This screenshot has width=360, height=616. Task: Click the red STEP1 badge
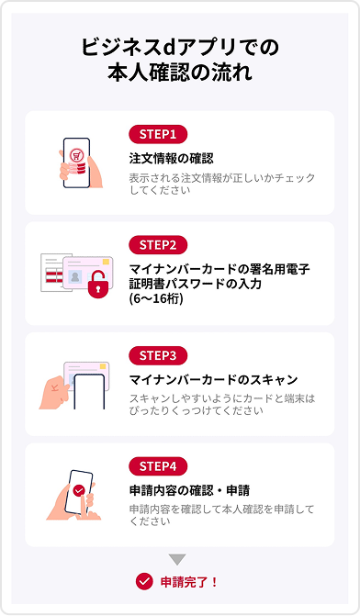click(x=158, y=134)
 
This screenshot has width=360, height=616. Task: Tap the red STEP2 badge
click(x=158, y=245)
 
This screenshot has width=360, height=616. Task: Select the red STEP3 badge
click(x=158, y=356)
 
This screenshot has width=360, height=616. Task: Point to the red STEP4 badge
click(x=158, y=466)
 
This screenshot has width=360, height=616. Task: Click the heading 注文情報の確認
click(x=172, y=158)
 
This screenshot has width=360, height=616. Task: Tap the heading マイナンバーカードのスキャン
click(x=214, y=380)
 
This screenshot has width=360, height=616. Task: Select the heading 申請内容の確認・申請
click(x=189, y=490)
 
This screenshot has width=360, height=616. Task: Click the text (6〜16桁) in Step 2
click(x=156, y=298)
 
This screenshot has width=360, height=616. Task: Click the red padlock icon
click(x=97, y=285)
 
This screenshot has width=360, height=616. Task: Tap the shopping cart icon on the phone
click(x=76, y=155)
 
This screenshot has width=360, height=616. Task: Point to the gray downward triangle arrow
click(x=177, y=559)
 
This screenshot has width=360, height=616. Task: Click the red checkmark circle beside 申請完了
click(x=144, y=582)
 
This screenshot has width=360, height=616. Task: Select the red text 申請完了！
click(x=189, y=582)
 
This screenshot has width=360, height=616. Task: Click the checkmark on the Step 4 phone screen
click(x=79, y=490)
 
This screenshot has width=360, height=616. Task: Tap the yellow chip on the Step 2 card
click(x=106, y=262)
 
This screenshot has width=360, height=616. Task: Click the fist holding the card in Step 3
click(x=54, y=393)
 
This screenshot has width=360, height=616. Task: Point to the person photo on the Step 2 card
click(x=74, y=276)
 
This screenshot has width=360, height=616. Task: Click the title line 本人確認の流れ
click(x=180, y=73)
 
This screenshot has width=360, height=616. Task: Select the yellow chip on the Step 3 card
click(x=103, y=366)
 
